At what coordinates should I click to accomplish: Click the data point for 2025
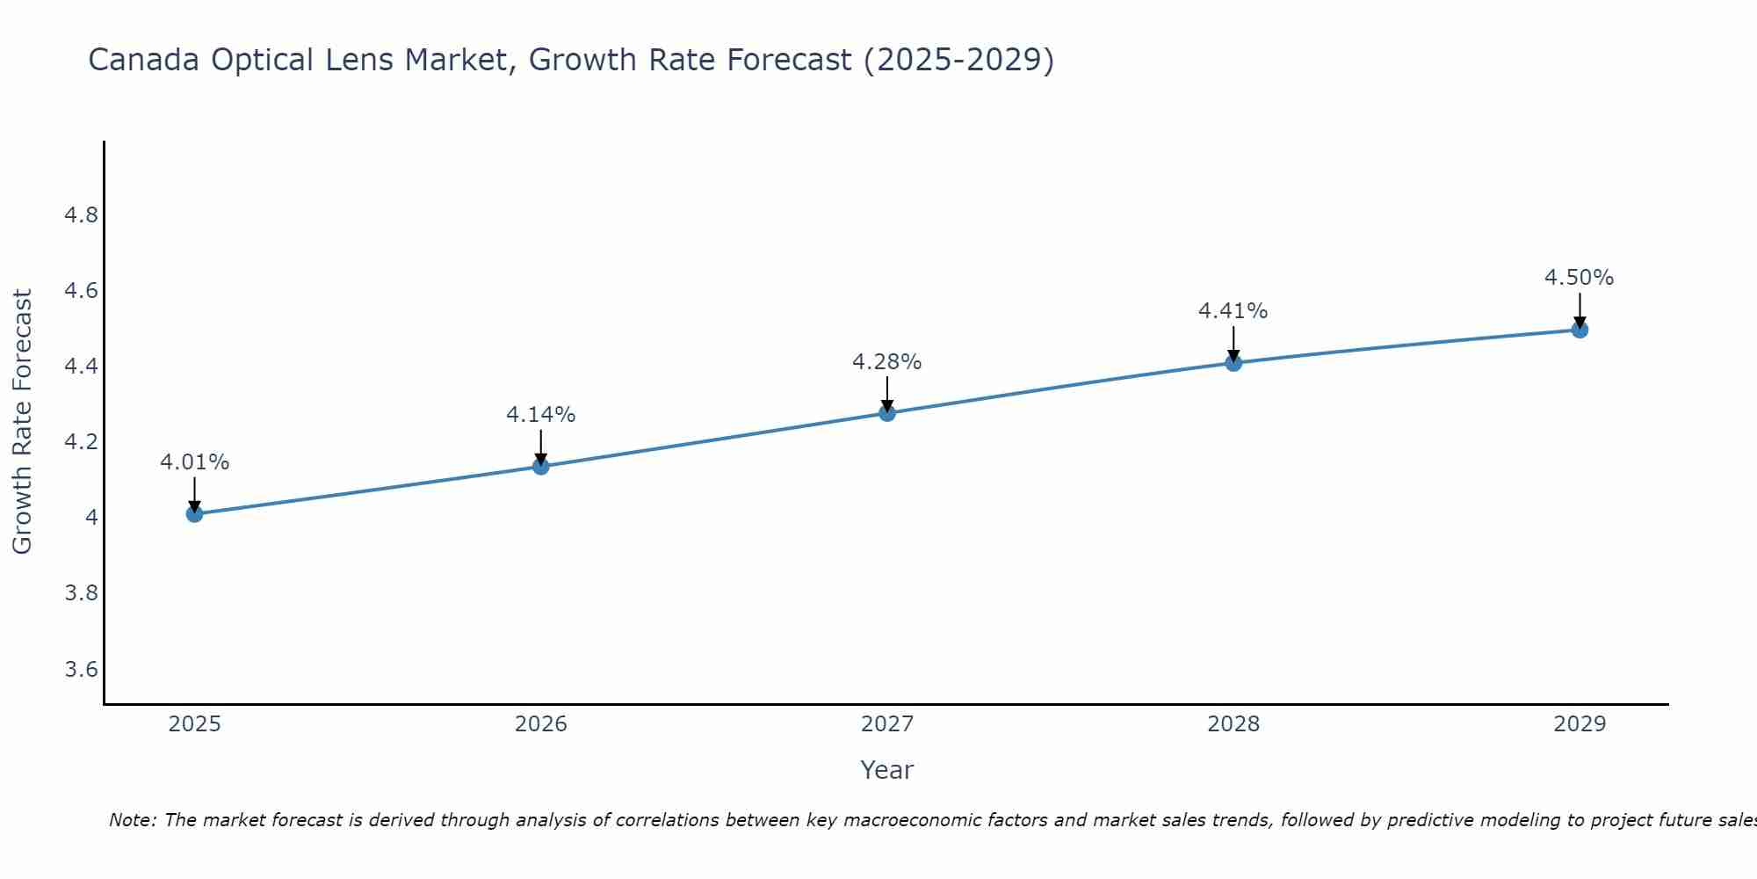coord(194,514)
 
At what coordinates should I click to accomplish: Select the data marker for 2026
coord(541,466)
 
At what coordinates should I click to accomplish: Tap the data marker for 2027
coord(887,413)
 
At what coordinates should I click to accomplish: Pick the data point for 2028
coord(1233,363)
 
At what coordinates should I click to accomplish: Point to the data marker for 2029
coord(1580,330)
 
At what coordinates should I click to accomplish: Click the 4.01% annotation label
coord(194,462)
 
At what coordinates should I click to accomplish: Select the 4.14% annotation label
coord(540,414)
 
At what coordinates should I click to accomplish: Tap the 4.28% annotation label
coord(886,361)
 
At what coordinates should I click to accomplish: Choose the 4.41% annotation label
coord(1233,310)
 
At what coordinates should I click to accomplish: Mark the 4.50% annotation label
coord(1579,278)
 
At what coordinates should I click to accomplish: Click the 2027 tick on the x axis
coord(887,724)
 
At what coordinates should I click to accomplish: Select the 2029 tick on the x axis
coord(1580,724)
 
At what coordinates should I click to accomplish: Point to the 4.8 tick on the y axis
coord(81,215)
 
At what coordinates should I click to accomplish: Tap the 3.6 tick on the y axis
coord(81,670)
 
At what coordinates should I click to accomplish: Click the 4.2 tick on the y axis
coord(81,442)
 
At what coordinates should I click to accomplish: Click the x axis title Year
coord(886,770)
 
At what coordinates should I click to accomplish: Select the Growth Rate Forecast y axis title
coord(22,422)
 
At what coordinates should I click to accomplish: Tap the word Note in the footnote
coord(130,820)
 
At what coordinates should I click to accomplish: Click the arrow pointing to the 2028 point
coord(1233,343)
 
